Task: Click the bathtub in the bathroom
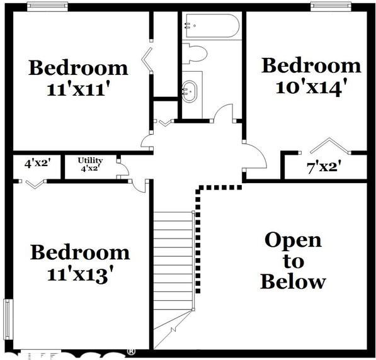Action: tap(211, 27)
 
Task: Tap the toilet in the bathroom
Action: tap(196, 55)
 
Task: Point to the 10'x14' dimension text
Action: tap(312, 86)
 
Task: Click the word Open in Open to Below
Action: tap(293, 240)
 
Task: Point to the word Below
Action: tap(293, 281)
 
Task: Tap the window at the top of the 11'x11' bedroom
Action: tap(47, 6)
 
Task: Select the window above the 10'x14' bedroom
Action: tap(331, 6)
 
